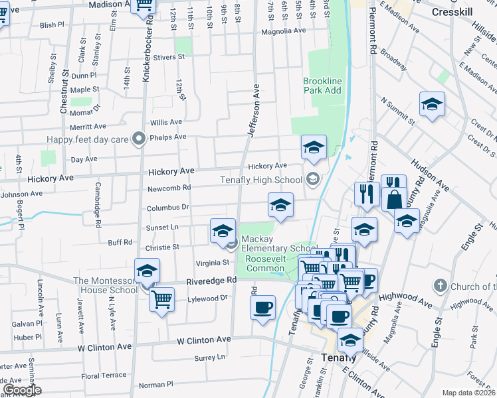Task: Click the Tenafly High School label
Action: [x=261, y=180]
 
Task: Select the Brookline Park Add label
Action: [x=322, y=86]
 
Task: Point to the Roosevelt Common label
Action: [x=265, y=263]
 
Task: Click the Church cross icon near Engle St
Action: [x=439, y=286]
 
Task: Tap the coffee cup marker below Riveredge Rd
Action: [x=262, y=307]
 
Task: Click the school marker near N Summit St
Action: [x=432, y=104]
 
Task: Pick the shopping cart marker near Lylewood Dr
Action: [x=161, y=299]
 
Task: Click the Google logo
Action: [x=22, y=390]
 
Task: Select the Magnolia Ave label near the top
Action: [x=283, y=31]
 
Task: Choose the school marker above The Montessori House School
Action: [x=147, y=270]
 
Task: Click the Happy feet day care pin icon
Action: [x=138, y=139]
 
